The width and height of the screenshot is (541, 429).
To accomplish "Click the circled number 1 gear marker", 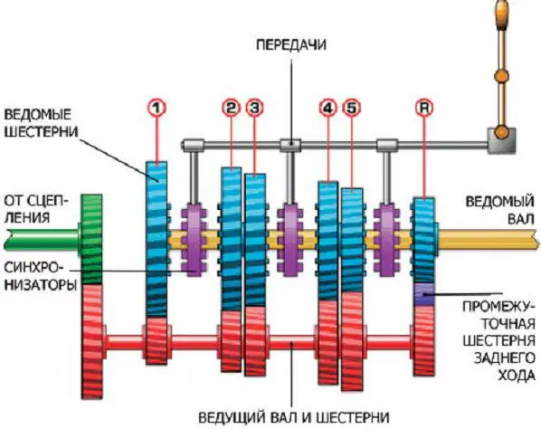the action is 157,108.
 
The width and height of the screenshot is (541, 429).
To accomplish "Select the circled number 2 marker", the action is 231,108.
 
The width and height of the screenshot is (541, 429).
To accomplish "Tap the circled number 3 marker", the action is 254,108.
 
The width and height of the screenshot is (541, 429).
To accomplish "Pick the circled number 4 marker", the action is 327,108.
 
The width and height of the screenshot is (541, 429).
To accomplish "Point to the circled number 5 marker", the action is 351,108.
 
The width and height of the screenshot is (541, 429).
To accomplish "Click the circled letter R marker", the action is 424,108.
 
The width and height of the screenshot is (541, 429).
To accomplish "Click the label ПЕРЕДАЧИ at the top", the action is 291,45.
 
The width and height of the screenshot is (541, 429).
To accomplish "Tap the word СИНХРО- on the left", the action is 35,268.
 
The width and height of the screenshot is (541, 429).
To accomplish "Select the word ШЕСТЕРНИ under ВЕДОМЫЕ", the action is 41,131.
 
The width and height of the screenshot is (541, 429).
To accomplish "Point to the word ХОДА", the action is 517,376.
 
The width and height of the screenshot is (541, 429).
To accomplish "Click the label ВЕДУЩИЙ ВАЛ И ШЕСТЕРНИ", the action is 294,417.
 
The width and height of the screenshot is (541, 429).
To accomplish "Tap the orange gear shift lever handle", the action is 502,14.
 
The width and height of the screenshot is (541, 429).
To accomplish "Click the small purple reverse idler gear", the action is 424,294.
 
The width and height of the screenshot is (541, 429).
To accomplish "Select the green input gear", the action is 91,239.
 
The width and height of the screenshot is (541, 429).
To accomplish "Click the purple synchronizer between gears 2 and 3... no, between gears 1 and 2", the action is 193,240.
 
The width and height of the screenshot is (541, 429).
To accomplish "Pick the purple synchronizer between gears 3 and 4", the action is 289,240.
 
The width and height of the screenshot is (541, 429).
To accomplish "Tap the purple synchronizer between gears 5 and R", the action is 386,240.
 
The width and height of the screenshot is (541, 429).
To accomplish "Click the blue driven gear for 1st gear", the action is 157,239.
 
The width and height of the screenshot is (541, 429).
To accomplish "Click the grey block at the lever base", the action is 502,140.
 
